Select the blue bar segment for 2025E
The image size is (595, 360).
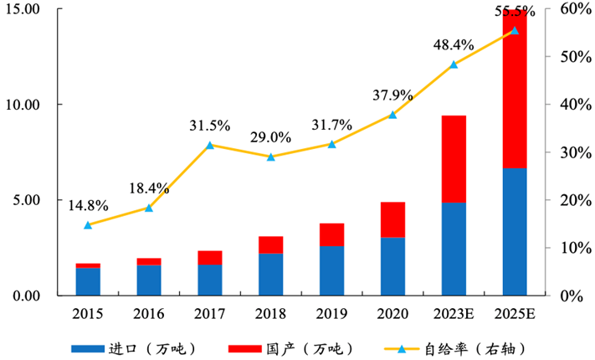click(x=515, y=232)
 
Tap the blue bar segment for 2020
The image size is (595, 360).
click(x=393, y=266)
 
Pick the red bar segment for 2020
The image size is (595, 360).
click(x=393, y=219)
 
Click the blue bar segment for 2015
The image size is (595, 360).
click(x=88, y=281)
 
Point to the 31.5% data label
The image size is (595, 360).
click(x=209, y=126)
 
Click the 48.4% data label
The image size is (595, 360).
click(x=454, y=44)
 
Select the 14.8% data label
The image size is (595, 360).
click(x=88, y=206)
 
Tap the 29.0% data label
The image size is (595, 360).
click(x=270, y=137)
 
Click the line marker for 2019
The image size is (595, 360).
click(x=331, y=144)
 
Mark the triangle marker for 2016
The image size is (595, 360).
click(x=149, y=208)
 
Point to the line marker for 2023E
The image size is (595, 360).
click(x=454, y=64)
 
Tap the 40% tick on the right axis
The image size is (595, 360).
click(x=566, y=105)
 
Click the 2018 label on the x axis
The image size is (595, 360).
click(x=270, y=313)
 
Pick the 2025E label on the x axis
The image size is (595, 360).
click(x=515, y=313)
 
